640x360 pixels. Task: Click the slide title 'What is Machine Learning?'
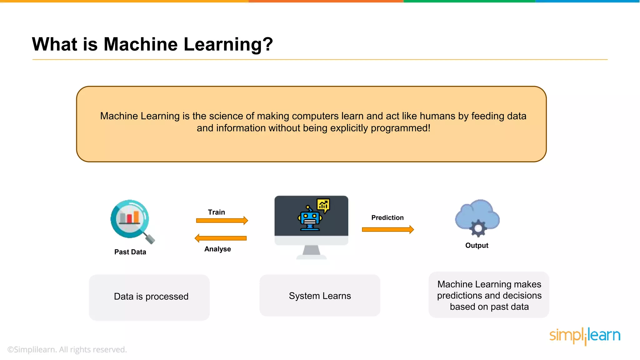[x=152, y=44]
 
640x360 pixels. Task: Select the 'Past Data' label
[x=130, y=252]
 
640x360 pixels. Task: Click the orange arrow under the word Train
[x=222, y=221]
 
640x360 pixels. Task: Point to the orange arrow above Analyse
[x=221, y=238]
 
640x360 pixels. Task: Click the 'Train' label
[x=216, y=212]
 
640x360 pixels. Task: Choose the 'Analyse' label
[x=217, y=249]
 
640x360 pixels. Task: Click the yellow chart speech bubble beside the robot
[x=323, y=205]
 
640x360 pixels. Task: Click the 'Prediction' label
[x=387, y=217]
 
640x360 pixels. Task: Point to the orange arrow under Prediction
[x=388, y=230]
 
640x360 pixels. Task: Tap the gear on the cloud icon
[x=478, y=228]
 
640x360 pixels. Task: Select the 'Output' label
[x=477, y=245]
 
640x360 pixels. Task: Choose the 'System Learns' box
[x=320, y=296]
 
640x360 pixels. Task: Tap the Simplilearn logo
[x=585, y=336]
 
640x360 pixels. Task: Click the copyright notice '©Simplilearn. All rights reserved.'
[x=67, y=349]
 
